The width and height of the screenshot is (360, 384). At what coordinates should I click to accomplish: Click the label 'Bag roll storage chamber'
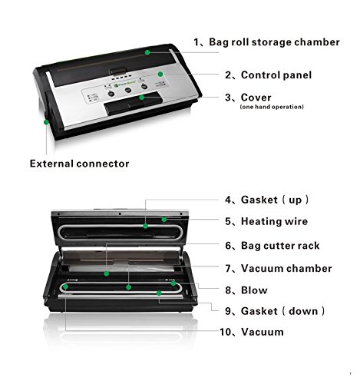click(274, 42)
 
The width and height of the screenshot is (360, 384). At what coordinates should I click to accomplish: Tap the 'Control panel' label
click(276, 75)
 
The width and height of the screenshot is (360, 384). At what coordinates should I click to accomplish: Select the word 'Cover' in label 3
click(256, 98)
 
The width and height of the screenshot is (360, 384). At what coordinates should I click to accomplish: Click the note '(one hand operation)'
click(272, 107)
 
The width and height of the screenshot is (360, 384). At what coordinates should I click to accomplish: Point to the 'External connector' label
click(79, 164)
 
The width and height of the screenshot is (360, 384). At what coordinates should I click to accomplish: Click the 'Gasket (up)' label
click(275, 200)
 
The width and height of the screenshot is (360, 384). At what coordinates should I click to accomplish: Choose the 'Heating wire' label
click(274, 221)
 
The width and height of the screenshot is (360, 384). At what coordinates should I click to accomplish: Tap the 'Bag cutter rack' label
click(280, 246)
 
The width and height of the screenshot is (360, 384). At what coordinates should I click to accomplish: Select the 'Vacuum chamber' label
click(286, 268)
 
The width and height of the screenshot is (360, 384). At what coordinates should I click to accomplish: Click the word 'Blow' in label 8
click(254, 290)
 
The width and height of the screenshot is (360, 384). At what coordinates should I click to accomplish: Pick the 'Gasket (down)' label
click(283, 311)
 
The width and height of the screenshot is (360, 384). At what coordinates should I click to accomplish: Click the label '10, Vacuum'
click(252, 332)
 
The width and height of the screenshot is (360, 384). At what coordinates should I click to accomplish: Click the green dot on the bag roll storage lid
click(147, 52)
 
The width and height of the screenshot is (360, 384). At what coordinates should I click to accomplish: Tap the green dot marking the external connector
click(46, 122)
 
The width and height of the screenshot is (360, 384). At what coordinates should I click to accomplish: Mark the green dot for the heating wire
click(164, 220)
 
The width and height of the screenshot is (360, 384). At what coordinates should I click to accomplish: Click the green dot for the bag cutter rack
click(107, 273)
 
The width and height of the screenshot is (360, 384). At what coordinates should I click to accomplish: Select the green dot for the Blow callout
click(173, 283)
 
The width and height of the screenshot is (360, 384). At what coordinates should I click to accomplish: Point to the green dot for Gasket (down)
click(159, 293)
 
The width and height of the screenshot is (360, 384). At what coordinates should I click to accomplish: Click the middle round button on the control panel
click(128, 91)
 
